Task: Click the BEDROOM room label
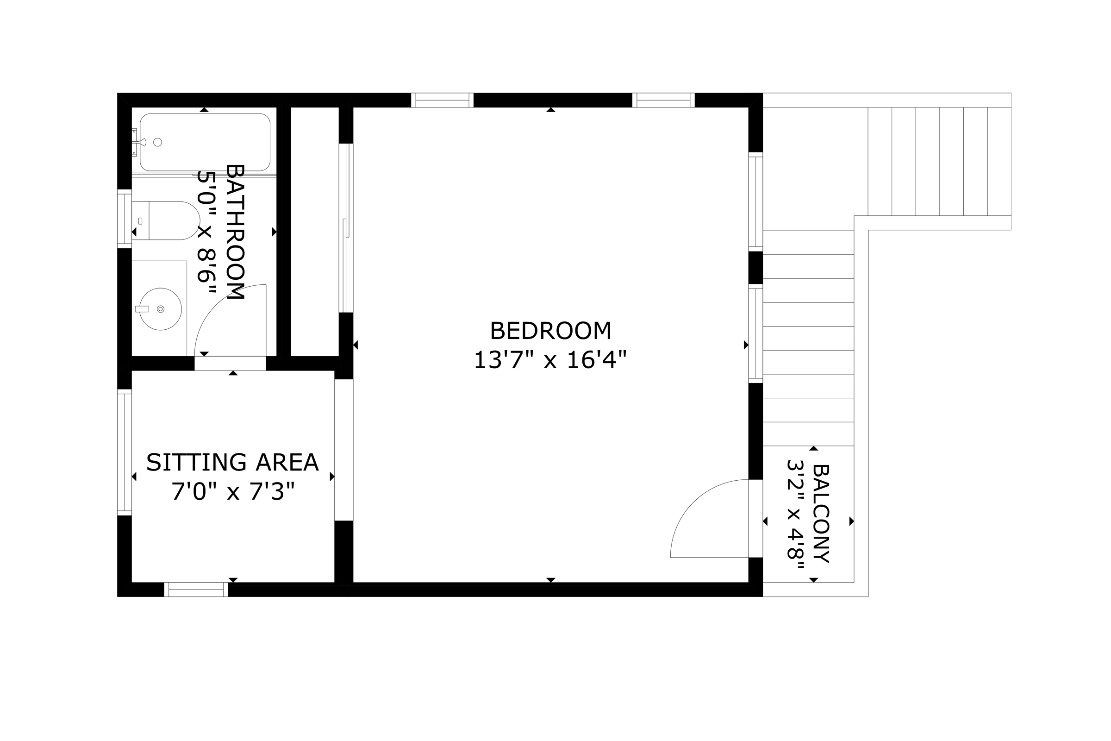pyautogui.click(x=550, y=331)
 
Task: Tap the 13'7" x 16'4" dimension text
pyautogui.click(x=550, y=360)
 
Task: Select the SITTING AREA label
pyautogui.click(x=232, y=463)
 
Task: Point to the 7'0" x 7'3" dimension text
pyautogui.click(x=232, y=492)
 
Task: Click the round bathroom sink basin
pyautogui.click(x=161, y=309)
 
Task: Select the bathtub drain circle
pyautogui.click(x=158, y=142)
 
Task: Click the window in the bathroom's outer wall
pyautogui.click(x=124, y=218)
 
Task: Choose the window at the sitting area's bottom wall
pyautogui.click(x=196, y=589)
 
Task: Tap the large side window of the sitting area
pyautogui.click(x=124, y=452)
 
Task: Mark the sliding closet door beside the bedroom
pyautogui.click(x=346, y=228)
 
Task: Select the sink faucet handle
pyautogui.click(x=142, y=309)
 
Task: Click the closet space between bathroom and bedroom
pyautogui.click(x=315, y=232)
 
